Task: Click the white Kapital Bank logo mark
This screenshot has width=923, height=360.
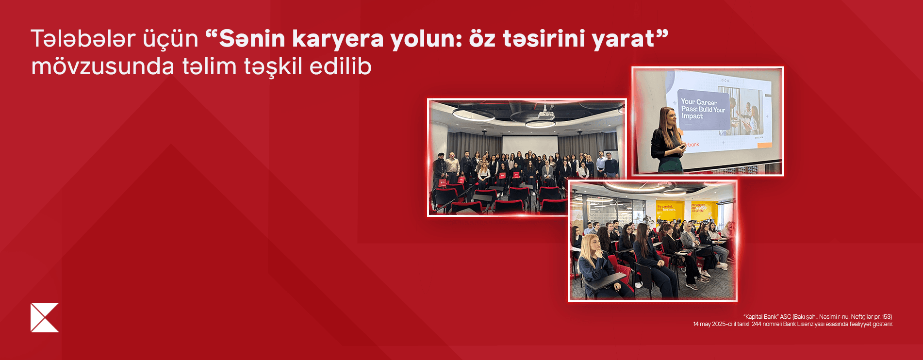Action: [x=45, y=318]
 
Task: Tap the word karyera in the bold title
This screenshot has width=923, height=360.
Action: [x=338, y=39]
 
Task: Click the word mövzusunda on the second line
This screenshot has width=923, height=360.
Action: [x=102, y=66]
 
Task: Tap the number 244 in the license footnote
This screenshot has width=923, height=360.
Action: [x=756, y=324]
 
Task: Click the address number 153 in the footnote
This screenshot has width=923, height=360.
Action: [x=886, y=317]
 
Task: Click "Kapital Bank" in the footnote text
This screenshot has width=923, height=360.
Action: [x=760, y=317]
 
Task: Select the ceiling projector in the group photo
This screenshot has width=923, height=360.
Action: [x=545, y=115]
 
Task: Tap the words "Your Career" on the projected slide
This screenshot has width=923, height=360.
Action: [x=698, y=102]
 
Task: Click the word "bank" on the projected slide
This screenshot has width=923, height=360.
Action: [x=692, y=145]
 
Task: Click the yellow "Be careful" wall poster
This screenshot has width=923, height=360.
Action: [x=669, y=209]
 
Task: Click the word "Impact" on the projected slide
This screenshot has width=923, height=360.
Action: [x=692, y=116]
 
